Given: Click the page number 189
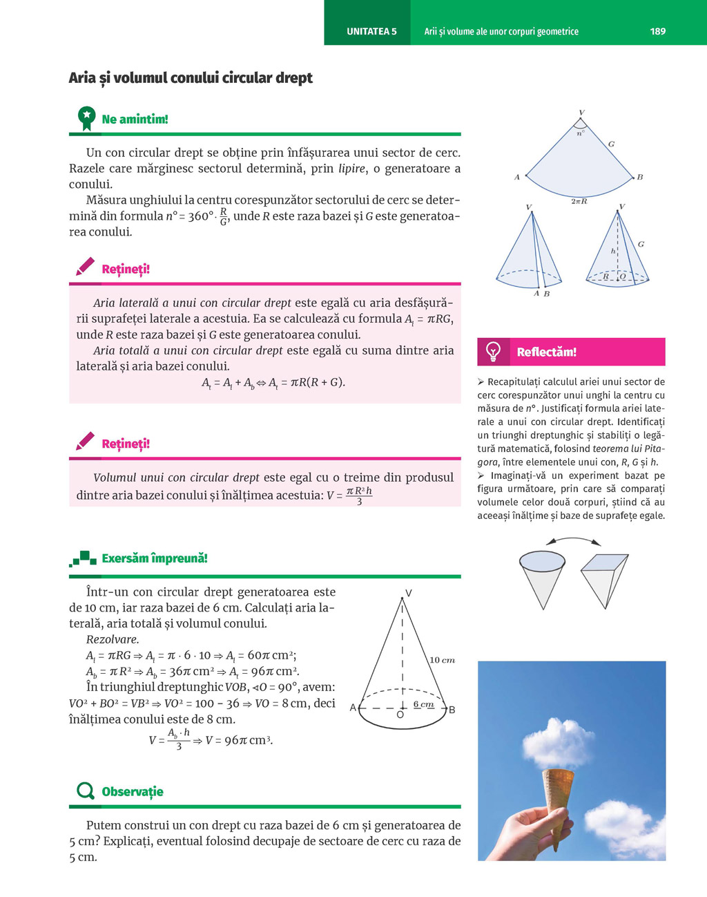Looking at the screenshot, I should pos(657,31).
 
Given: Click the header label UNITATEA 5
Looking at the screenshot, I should pos(371,31).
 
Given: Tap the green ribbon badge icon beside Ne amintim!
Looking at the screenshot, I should pos(86,118).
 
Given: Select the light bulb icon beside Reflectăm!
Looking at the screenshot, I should pos(494,351).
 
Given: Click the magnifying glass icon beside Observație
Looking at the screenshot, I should pos(86,791).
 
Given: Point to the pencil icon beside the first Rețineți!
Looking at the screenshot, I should pos(86,267).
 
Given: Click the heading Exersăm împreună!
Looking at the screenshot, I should pos(154,558).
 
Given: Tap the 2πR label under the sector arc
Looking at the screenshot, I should pos(579,201).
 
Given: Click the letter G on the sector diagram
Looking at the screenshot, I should pos(611,144).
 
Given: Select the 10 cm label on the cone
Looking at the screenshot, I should pos(442,660).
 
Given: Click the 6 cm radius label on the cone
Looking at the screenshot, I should pos(424,704).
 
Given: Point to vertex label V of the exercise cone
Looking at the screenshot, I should pos(408,593).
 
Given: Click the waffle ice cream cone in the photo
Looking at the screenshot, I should pos(557,802).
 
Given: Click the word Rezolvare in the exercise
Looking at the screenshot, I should pos(113,639).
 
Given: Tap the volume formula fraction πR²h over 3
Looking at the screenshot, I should pos(359,495).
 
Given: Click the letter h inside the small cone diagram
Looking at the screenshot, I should pos(612,252).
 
